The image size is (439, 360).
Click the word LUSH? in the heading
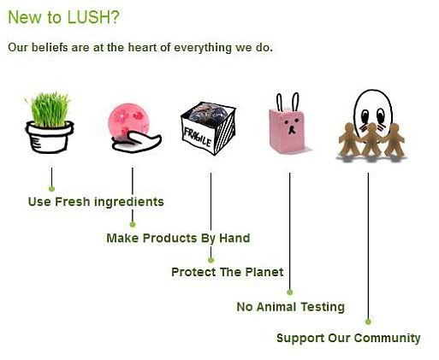[x=93, y=17]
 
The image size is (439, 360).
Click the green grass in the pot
[x=50, y=109]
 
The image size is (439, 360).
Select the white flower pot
[x=50, y=138]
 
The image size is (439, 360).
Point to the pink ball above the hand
[x=129, y=120]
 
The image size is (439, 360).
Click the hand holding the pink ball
[x=136, y=142]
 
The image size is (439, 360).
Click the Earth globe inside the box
[x=208, y=113]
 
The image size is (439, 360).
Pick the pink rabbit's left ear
[x=279, y=103]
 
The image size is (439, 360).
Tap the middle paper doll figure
[x=371, y=139]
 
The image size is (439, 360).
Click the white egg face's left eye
[x=365, y=115]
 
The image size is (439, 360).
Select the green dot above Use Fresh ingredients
[x=51, y=189]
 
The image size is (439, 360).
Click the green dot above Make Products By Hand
[x=133, y=224]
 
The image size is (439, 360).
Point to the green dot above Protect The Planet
[x=211, y=260]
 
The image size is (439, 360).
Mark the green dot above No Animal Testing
[x=290, y=292]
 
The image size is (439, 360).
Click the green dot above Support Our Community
[x=368, y=322]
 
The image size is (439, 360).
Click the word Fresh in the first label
[x=73, y=202]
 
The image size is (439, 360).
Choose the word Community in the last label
[x=388, y=339]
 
